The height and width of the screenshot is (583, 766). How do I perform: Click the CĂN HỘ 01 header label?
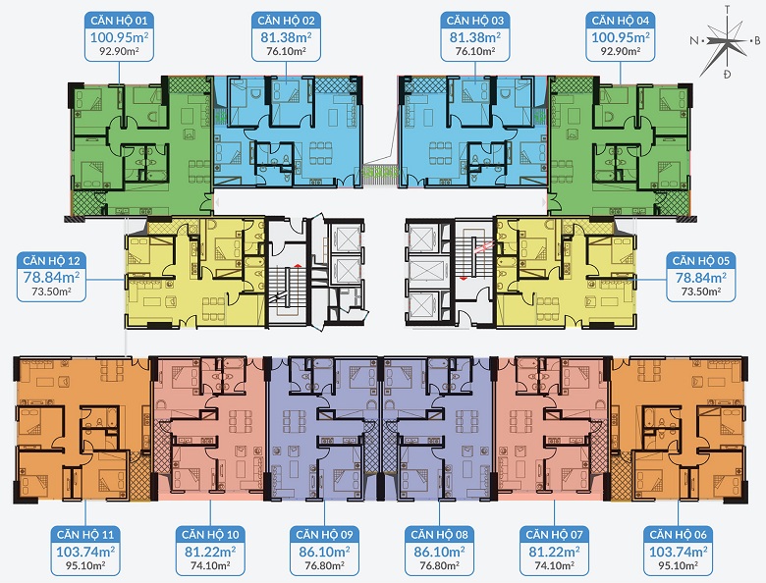click(119, 21)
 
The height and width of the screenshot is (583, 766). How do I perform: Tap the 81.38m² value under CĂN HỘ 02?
click(286, 37)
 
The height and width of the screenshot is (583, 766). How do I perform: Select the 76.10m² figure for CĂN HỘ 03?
click(475, 51)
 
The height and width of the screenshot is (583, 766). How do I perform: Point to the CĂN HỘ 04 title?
click(621, 21)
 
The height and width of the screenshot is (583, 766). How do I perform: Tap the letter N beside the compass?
click(693, 40)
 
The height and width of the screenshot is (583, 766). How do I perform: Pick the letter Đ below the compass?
click(728, 75)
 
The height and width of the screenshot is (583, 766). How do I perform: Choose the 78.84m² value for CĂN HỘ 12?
click(51, 278)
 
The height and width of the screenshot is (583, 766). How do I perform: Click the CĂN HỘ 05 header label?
click(700, 261)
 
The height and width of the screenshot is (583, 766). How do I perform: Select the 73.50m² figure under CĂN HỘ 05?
click(700, 291)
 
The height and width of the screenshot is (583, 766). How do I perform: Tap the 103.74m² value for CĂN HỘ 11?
click(85, 552)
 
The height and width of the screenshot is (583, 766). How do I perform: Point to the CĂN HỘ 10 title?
click(210, 535)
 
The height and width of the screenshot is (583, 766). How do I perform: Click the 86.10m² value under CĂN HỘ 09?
click(324, 552)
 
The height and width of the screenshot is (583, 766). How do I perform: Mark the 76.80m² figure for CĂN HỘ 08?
click(439, 566)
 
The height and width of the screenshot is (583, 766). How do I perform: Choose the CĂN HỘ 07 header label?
click(555, 535)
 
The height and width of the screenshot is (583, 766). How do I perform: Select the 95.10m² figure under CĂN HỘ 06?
click(678, 566)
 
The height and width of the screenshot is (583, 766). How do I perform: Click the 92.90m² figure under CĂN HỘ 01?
click(119, 51)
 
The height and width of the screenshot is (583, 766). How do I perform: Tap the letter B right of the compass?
click(758, 41)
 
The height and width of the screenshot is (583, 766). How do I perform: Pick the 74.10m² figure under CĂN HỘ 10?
click(210, 566)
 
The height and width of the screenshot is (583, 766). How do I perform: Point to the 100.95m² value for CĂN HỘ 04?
click(621, 37)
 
